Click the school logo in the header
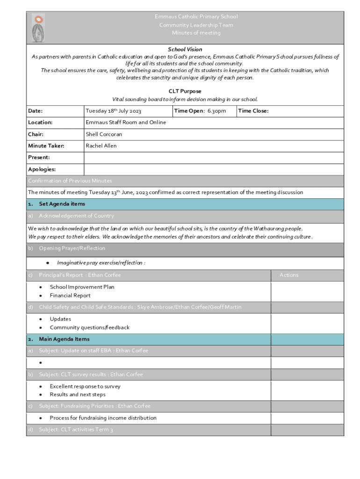click(x=38, y=28)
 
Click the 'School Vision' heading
click(x=185, y=49)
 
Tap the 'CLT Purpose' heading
click(x=185, y=91)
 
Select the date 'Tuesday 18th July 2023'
click(x=113, y=111)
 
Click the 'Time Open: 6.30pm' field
click(x=200, y=111)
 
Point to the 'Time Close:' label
click(x=253, y=111)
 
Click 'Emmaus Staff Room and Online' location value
click(x=125, y=123)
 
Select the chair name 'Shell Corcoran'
click(x=104, y=134)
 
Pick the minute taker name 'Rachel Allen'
click(x=101, y=146)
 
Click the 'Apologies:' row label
click(x=42, y=169)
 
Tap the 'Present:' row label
click(x=39, y=158)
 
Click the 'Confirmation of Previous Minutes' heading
click(x=70, y=181)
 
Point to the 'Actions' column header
click(x=288, y=275)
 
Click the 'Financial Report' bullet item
click(x=70, y=296)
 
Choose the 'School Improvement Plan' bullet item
click(x=82, y=287)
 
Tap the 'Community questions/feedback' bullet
click(x=89, y=327)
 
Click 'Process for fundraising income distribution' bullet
click(x=103, y=418)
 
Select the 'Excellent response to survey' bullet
click(x=85, y=386)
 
